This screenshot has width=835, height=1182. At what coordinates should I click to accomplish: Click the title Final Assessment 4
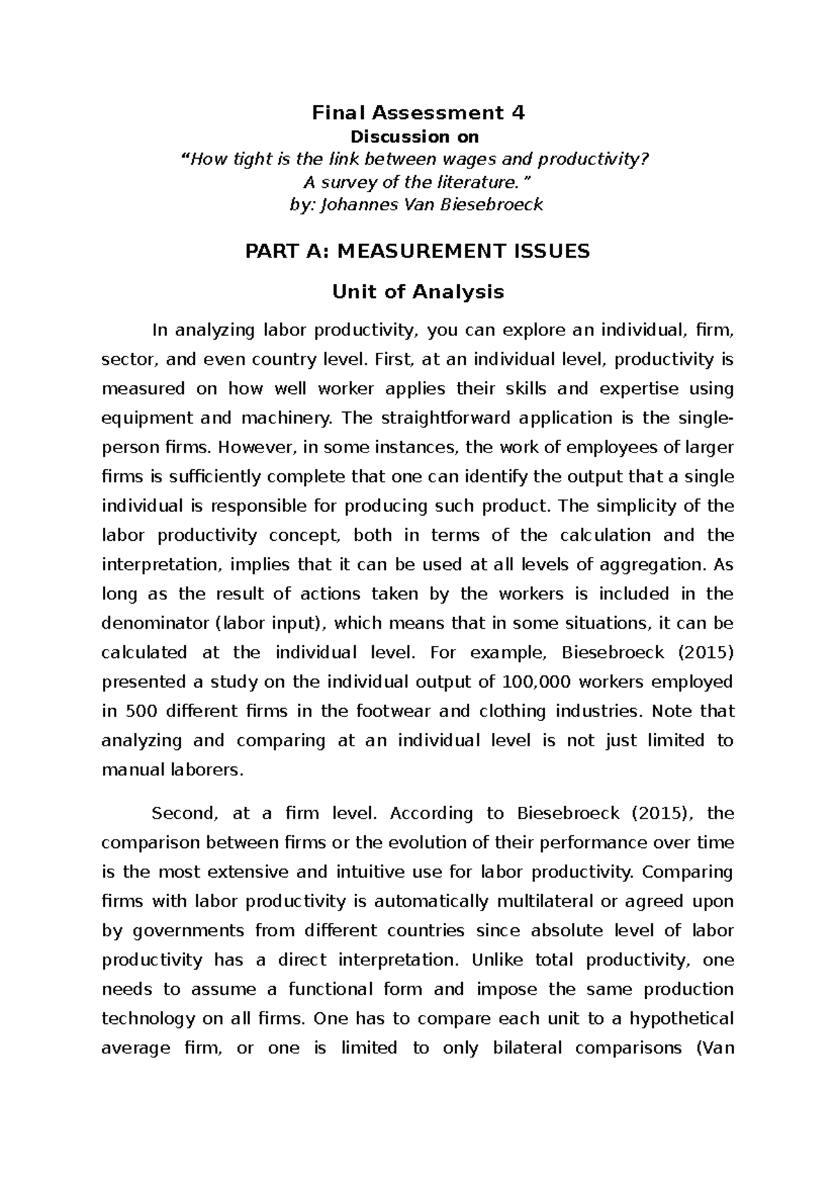pos(417,112)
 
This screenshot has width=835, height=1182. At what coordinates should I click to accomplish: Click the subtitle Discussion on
pos(417,137)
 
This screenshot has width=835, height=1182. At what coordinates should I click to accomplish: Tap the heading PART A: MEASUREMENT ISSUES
pos(417,251)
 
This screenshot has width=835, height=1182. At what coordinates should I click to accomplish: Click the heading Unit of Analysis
pos(417,292)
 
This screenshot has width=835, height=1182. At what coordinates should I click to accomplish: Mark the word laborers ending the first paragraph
pos(209,770)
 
